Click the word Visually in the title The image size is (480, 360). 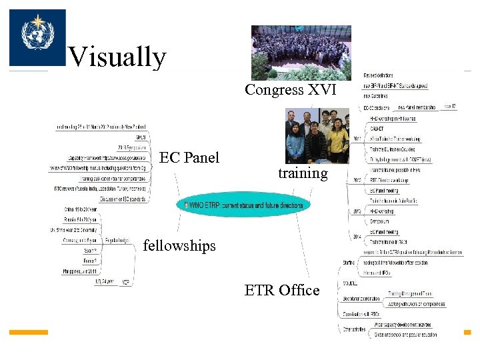117,57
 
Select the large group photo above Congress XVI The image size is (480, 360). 301,53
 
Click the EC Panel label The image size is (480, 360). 189,157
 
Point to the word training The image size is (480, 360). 303,173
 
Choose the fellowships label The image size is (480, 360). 179,245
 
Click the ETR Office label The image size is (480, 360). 282,290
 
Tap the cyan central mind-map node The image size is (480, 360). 243,205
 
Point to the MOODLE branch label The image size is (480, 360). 351,283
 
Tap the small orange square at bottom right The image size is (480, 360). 467,332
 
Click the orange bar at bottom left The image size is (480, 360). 29,332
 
